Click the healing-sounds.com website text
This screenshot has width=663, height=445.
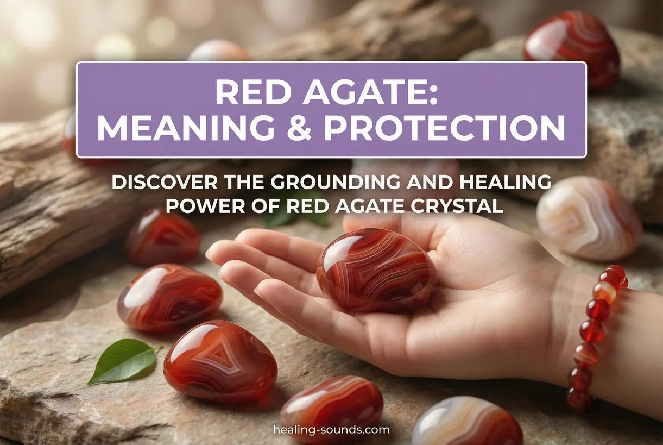click(331, 430)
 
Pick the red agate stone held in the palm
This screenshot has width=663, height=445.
click(376, 271)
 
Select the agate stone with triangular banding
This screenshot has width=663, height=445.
click(220, 361)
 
